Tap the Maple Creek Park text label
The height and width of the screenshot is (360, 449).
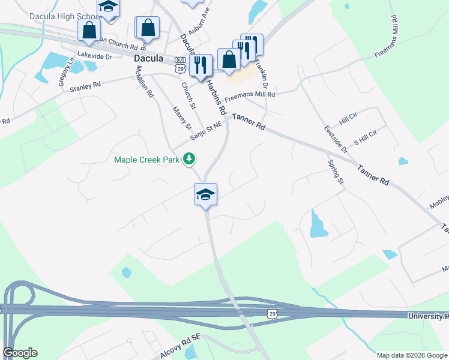point(147,159)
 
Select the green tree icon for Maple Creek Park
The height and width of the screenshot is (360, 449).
point(190,158)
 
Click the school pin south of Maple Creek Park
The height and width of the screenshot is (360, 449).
point(205,194)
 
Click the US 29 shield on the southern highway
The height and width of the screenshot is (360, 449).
point(273,314)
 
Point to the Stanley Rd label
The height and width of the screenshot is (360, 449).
point(85,88)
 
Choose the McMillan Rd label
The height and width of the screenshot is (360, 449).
point(145,81)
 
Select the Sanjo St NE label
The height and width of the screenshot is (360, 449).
point(206,131)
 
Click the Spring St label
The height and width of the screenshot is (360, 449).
point(336,172)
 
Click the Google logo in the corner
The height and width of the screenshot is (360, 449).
point(20,353)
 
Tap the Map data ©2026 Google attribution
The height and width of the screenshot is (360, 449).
point(412,355)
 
